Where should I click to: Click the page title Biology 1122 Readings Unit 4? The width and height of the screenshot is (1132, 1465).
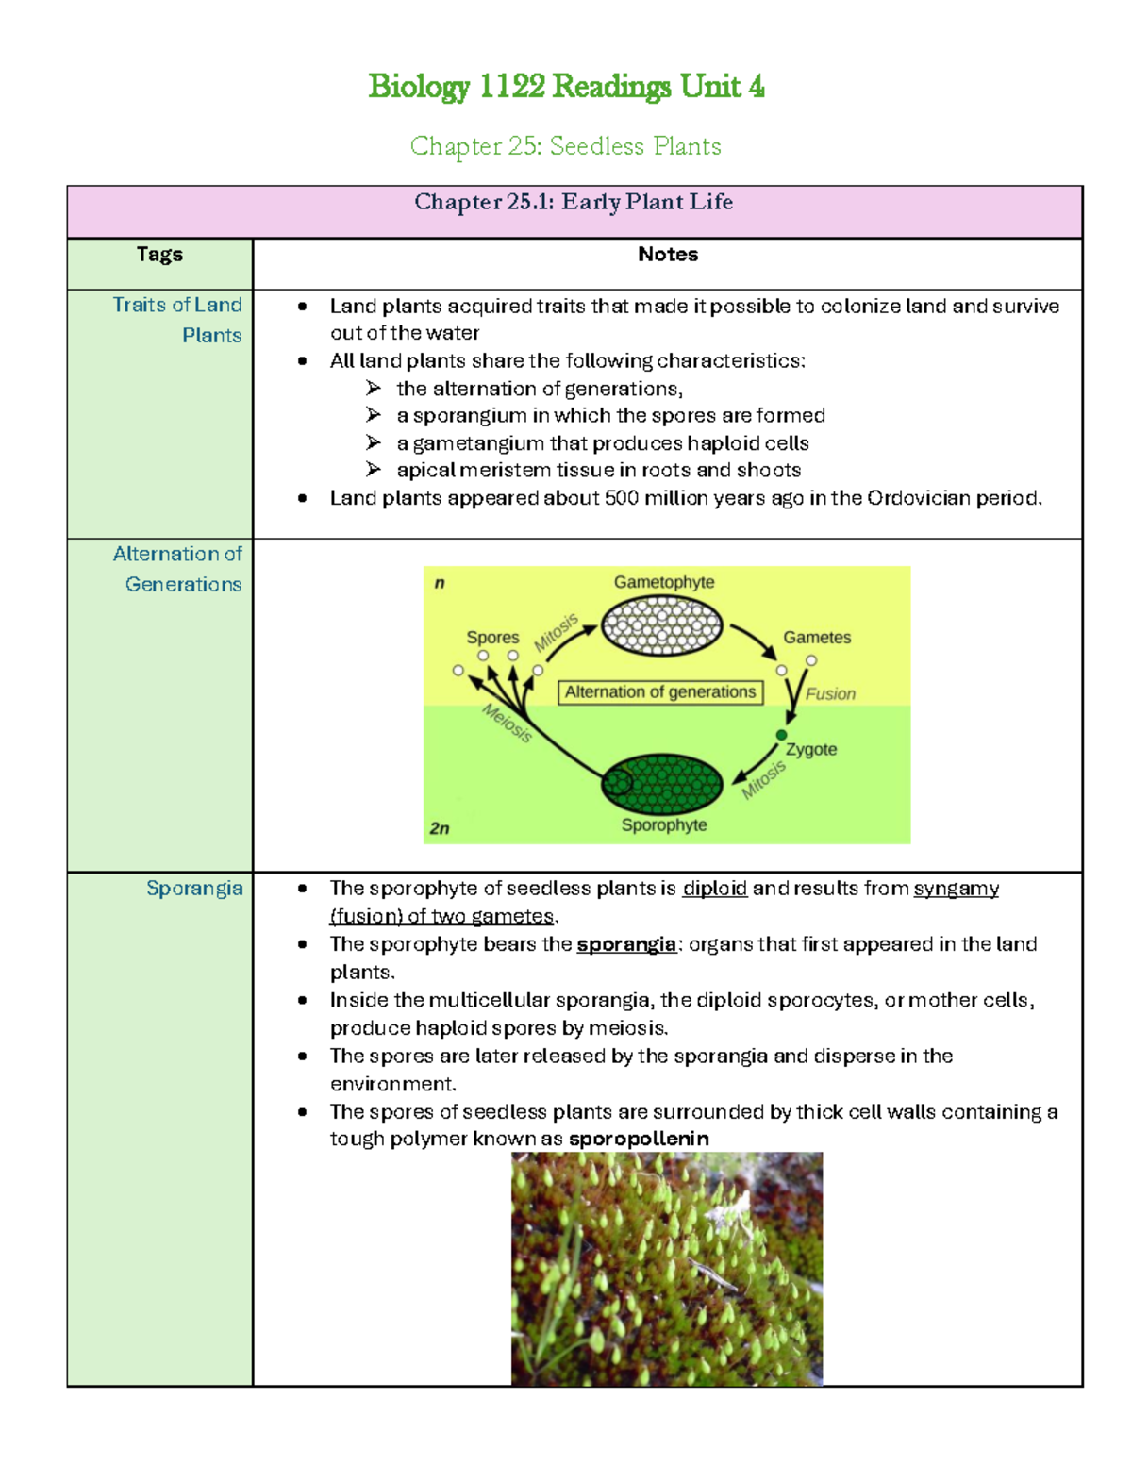pos(566,87)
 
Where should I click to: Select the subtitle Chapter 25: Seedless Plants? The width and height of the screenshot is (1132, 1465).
pos(566,146)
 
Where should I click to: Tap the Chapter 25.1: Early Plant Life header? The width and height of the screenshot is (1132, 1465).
pos(574,202)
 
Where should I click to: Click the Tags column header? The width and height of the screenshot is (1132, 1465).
pos(159,255)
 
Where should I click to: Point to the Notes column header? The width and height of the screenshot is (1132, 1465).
pos(668,255)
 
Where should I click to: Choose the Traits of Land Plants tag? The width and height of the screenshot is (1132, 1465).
pos(177,320)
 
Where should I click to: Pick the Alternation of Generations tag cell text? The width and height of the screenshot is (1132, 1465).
pos(177,569)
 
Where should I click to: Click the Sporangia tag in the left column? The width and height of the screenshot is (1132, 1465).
pos(194,889)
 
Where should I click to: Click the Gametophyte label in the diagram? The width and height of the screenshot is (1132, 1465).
pos(664,582)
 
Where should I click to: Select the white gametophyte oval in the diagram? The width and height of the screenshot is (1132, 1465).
pos(662,627)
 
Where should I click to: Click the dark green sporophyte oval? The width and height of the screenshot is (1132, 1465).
pos(662,784)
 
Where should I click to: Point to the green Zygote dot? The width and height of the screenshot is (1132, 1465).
pos(781,735)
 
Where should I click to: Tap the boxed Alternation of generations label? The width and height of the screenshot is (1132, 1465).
pos(660,692)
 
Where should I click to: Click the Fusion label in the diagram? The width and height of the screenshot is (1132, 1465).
pos(830,694)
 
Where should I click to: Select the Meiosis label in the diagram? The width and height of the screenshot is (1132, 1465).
pos(508,724)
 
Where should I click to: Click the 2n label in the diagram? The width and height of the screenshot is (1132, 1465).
pos(440,828)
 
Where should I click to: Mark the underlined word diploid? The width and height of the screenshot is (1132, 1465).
pos(715,889)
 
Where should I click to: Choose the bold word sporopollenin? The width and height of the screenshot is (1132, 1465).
pos(639,1139)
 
